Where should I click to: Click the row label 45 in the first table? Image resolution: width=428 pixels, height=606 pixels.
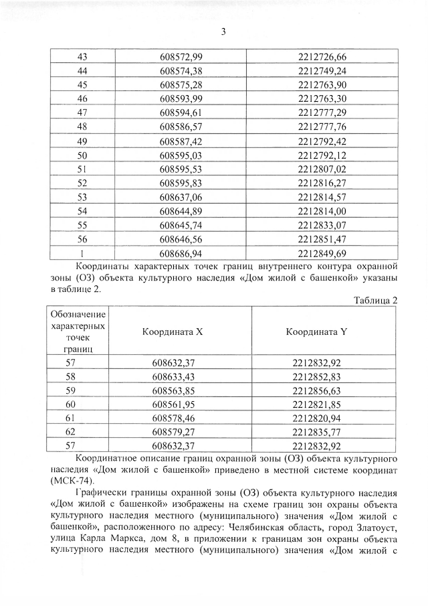(83, 84)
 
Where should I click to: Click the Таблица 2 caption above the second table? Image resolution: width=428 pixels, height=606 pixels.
(376, 300)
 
